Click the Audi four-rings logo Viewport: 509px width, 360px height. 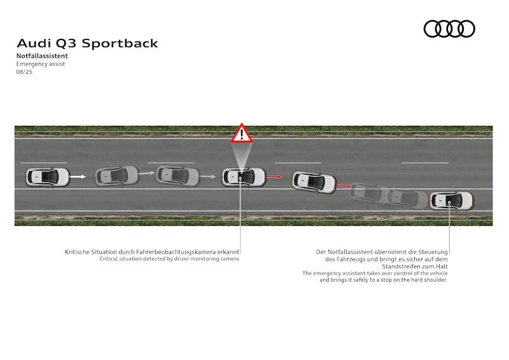(449, 29)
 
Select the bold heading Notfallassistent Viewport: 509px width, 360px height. (42, 56)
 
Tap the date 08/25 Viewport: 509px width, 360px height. (24, 72)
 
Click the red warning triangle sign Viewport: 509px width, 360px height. (242, 133)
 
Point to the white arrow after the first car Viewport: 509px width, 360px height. (78, 177)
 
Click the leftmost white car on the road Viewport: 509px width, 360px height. (47, 177)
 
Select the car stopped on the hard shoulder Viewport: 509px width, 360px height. (451, 201)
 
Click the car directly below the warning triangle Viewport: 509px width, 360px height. (244, 177)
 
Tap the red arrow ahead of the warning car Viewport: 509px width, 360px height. (274, 177)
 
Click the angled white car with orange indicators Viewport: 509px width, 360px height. (314, 182)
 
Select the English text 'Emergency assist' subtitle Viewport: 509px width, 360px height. (41, 64)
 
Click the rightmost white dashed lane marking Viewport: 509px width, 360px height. (425, 163)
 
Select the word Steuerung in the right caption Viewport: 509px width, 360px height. (433, 253)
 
